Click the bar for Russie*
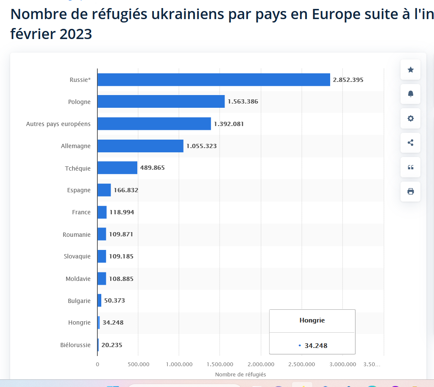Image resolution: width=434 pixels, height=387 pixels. [x=214, y=80]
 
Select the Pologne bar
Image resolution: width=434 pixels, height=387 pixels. [x=161, y=101]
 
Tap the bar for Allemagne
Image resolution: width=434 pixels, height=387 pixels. [x=140, y=146]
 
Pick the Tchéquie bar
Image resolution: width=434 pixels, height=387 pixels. [x=117, y=168]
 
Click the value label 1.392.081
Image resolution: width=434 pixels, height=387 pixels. [x=229, y=124]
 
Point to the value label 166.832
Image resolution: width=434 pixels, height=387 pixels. [x=126, y=190]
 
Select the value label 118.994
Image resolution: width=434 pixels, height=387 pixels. [x=122, y=212]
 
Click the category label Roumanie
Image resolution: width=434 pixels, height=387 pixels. [x=76, y=235]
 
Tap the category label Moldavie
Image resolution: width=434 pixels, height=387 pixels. [x=78, y=279]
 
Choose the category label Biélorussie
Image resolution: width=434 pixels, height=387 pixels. [x=75, y=345]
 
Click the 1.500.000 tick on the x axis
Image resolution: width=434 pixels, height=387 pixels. [x=220, y=364]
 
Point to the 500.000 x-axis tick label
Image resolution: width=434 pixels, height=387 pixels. [x=138, y=364]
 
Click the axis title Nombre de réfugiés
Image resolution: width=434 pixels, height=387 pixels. [x=240, y=374]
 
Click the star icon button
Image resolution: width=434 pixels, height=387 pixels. [x=410, y=70]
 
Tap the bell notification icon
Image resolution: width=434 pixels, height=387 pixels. [x=410, y=94]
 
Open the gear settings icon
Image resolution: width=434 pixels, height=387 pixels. [x=410, y=118]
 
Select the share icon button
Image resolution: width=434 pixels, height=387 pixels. [x=410, y=143]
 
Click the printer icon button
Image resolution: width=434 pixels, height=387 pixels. [x=410, y=191]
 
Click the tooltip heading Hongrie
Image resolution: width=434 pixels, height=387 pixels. [x=312, y=320]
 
